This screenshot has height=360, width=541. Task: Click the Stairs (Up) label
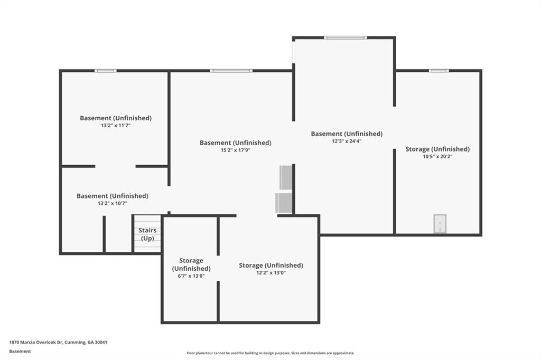[x=147, y=234]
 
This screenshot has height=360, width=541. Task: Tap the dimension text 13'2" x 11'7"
[x=116, y=126]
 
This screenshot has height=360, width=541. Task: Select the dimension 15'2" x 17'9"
[x=235, y=150]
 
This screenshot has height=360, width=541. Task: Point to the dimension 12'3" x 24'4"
[x=347, y=141]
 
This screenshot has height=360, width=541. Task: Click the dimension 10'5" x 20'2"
[x=437, y=157]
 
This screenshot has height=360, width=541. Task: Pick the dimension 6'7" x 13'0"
[x=191, y=276]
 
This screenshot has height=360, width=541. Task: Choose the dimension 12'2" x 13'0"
[x=271, y=273]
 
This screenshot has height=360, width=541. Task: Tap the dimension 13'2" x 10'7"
[x=113, y=203]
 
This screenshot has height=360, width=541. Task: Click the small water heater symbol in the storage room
[x=440, y=223]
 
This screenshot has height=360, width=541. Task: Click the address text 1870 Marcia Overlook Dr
[x=36, y=343]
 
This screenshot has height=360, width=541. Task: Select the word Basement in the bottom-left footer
[x=20, y=352]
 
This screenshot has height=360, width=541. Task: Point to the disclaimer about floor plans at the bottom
[x=270, y=353]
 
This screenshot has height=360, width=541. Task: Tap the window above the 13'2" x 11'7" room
[x=106, y=71]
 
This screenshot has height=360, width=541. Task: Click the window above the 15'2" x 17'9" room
[x=231, y=71]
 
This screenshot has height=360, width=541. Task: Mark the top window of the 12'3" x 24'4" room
[x=345, y=37]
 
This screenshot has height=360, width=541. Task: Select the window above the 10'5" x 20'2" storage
[x=439, y=71]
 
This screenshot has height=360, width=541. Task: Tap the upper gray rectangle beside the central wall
[x=286, y=177]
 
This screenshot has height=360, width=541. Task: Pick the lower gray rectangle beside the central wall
[x=284, y=203]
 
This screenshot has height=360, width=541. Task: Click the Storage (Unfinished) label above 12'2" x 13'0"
[x=271, y=265]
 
